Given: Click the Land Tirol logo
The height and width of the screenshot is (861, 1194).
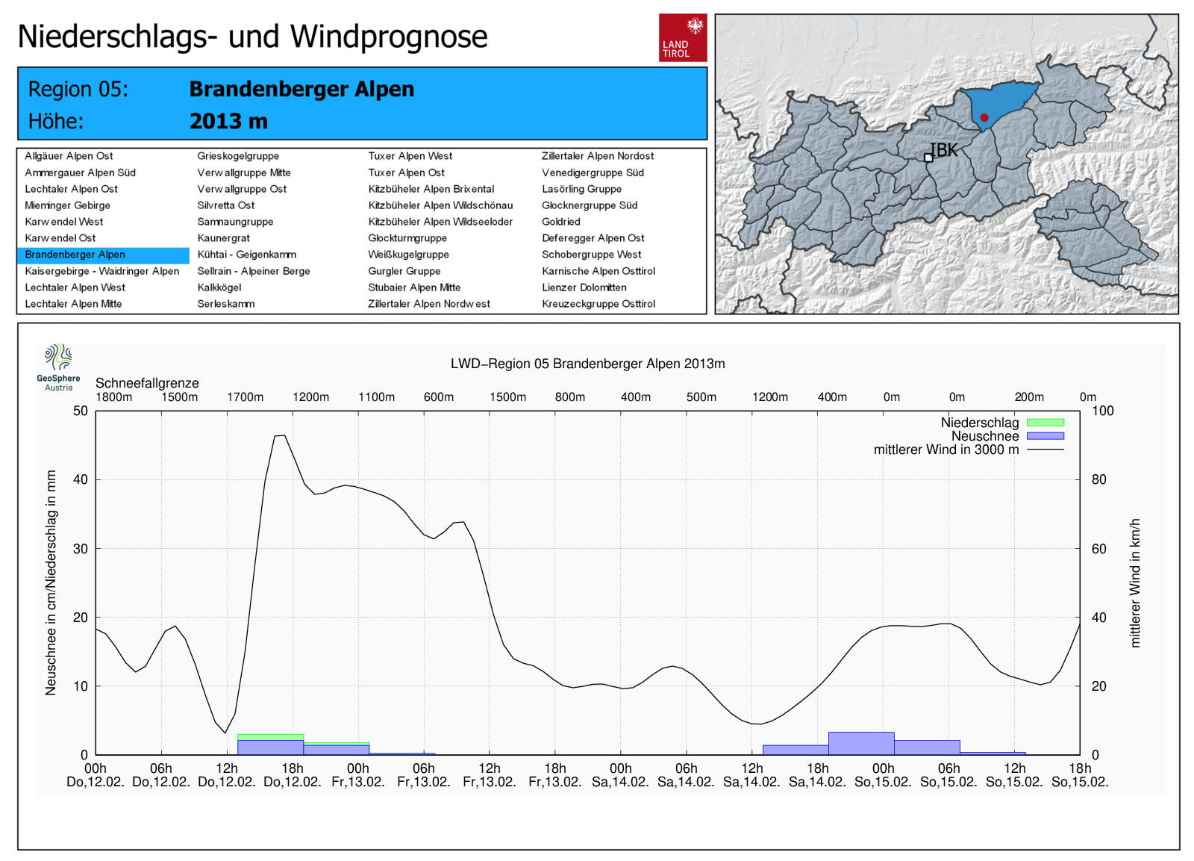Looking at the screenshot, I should (x=682, y=37).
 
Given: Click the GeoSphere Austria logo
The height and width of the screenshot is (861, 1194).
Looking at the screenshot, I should (x=58, y=367).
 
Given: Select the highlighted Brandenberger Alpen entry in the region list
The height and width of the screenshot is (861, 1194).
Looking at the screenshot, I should (x=75, y=255).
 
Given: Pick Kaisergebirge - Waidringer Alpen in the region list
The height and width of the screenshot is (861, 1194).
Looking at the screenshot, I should (x=101, y=271).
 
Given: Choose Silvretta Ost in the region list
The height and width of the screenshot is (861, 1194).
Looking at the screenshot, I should (x=225, y=205).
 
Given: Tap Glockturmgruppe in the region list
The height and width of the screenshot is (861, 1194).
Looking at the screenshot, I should (x=407, y=238).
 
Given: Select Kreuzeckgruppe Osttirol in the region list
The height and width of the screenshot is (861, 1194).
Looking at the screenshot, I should (x=598, y=304).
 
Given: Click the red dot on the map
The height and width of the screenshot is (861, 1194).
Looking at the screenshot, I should (x=984, y=117).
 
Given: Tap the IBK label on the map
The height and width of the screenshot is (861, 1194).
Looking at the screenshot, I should (x=943, y=150).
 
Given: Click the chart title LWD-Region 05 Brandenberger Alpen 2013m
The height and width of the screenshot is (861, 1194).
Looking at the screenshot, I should (x=587, y=364).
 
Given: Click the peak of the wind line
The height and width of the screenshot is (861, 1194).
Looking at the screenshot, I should (x=280, y=435).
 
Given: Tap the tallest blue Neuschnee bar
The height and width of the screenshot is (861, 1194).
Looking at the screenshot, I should (x=861, y=743).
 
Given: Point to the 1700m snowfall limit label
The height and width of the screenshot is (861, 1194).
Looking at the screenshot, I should (x=245, y=397).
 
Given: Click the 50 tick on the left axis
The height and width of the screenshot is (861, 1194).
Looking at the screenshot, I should (x=81, y=411).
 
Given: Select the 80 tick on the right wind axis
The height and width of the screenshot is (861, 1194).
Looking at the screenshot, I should (x=1098, y=479).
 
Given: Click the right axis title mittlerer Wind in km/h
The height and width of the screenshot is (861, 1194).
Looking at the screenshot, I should (x=1135, y=582).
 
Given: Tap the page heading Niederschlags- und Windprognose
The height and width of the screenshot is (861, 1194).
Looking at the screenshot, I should (x=252, y=37).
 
